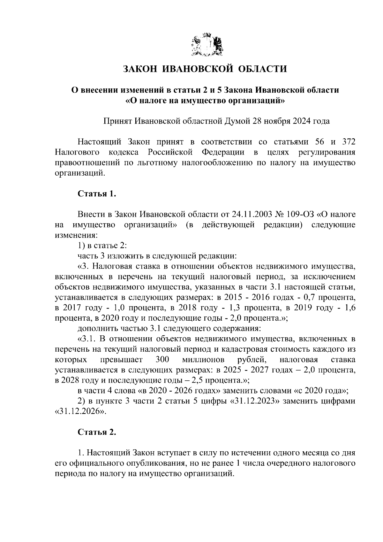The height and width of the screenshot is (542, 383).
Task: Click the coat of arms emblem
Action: coord(207,46)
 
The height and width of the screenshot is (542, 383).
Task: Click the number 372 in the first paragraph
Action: coord(349,142)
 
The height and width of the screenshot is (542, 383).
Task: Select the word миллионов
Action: coord(203,360)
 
